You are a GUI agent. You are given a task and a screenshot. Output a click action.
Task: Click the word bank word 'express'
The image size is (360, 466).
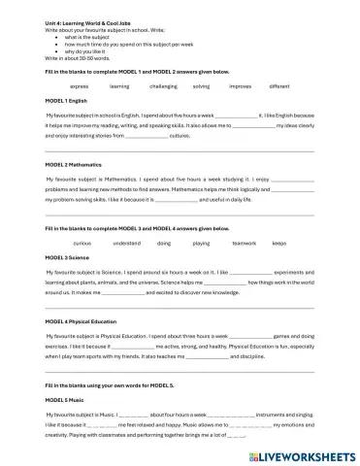tap(80, 85)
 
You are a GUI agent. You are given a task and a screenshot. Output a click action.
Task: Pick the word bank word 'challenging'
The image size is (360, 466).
tap(163, 85)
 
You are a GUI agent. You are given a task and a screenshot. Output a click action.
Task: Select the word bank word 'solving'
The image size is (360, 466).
tap(201, 85)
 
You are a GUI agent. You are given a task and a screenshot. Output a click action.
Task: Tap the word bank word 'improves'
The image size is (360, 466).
tap(240, 85)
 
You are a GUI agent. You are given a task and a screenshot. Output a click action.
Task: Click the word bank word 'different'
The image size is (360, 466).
tap(279, 85)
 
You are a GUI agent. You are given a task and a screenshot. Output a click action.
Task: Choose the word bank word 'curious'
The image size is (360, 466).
tap(82, 242)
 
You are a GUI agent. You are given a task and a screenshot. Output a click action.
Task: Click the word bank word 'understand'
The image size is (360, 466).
tap(126, 242)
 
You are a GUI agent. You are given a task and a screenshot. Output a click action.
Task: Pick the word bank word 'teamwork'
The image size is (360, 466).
tap(245, 242)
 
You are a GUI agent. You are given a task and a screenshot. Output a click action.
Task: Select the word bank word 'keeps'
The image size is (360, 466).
tap(279, 242)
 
